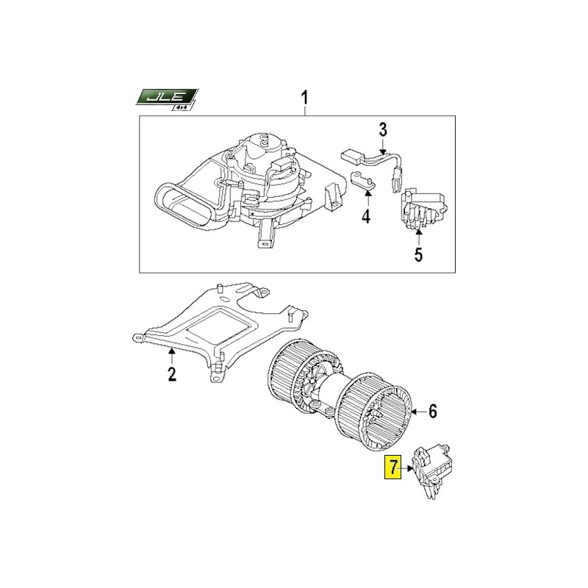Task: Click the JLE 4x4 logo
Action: (x=167, y=100)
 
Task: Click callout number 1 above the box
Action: (x=304, y=98)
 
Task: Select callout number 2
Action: (x=172, y=374)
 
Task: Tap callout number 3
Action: (x=382, y=131)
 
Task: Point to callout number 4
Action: (x=366, y=217)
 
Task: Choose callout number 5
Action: (x=418, y=254)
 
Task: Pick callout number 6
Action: (x=433, y=412)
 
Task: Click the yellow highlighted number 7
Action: (x=392, y=467)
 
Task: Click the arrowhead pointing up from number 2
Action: (x=172, y=351)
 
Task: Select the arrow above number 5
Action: (x=418, y=237)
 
